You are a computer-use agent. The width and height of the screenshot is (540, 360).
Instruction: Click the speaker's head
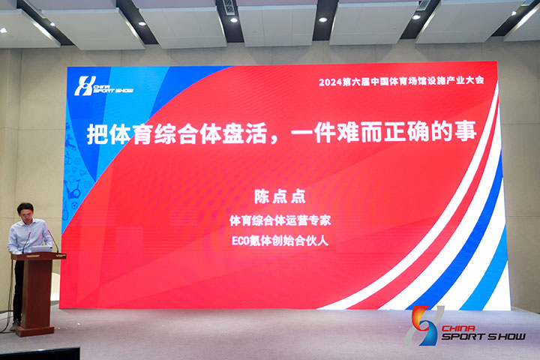tap(25, 211)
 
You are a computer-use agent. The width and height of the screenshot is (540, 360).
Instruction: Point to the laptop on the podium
tap(41, 249)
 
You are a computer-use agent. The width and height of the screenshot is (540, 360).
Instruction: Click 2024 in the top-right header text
tap(330, 82)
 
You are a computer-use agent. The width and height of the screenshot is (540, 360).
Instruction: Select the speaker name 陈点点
tap(280, 197)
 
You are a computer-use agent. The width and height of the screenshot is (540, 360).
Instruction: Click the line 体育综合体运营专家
tap(280, 220)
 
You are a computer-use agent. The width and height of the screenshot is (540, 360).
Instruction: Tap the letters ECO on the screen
tap(240, 241)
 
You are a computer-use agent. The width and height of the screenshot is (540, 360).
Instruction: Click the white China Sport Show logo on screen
tap(103, 85)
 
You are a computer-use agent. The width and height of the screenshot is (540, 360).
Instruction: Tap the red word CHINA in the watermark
tap(458, 328)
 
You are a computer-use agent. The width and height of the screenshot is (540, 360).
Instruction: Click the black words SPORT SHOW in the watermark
tap(484, 337)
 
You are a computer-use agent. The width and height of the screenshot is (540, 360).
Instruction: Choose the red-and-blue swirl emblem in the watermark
tap(424, 325)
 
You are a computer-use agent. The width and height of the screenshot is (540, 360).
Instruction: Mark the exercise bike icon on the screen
tap(73, 189)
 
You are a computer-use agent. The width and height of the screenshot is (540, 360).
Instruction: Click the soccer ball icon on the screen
tap(75, 205)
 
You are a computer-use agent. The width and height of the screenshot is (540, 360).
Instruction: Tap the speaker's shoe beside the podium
tap(14, 325)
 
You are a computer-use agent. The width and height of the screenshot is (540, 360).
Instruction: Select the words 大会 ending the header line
tap(475, 80)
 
